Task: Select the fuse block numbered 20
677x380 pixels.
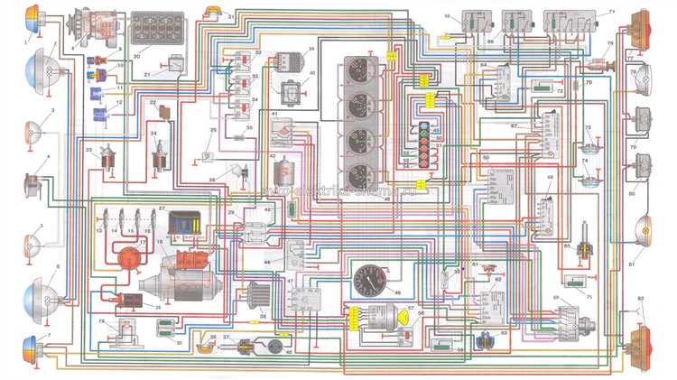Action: pos(157,28)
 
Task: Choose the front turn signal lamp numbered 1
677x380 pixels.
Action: pos(32,15)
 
